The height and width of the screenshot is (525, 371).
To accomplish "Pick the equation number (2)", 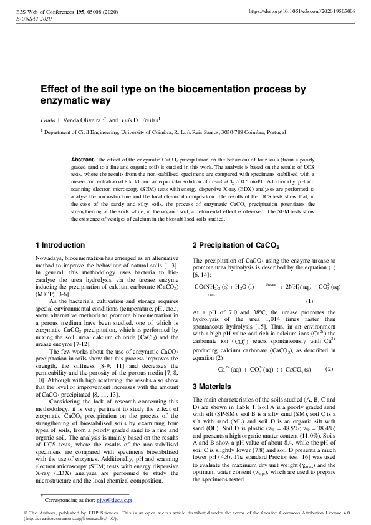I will pyautogui.click(x=329, y=369).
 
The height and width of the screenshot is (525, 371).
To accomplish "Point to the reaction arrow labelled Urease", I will pyautogui.click(x=270, y=287).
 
